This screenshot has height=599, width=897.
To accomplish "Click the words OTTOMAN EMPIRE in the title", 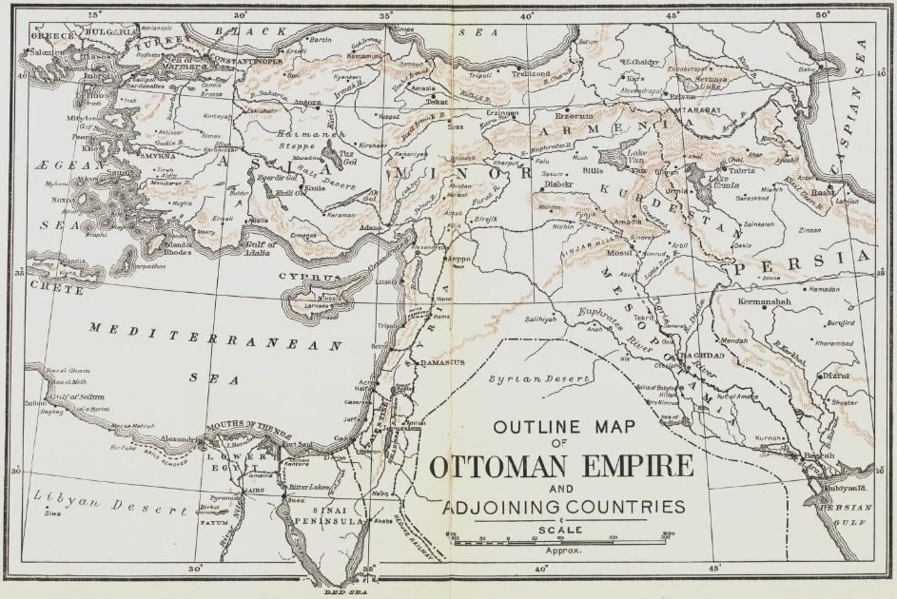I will click(560, 470).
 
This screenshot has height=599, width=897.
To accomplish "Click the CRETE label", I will click(51, 284).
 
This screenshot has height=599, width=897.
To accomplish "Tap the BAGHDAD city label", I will click(704, 355).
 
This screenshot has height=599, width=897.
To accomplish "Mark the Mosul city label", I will click(618, 254).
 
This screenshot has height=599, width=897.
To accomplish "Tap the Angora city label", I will click(307, 102).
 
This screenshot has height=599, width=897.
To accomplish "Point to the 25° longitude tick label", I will click(93, 14).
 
